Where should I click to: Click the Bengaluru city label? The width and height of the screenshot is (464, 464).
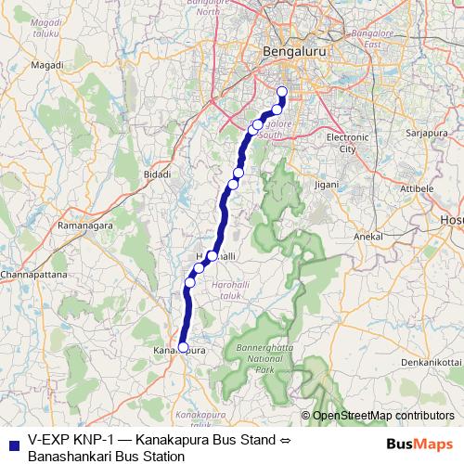(294, 53)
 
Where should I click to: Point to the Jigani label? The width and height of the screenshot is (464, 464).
(326, 185)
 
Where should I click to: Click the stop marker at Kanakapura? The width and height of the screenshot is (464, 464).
(183, 348)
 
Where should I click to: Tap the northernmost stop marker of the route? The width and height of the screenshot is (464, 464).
(282, 91)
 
